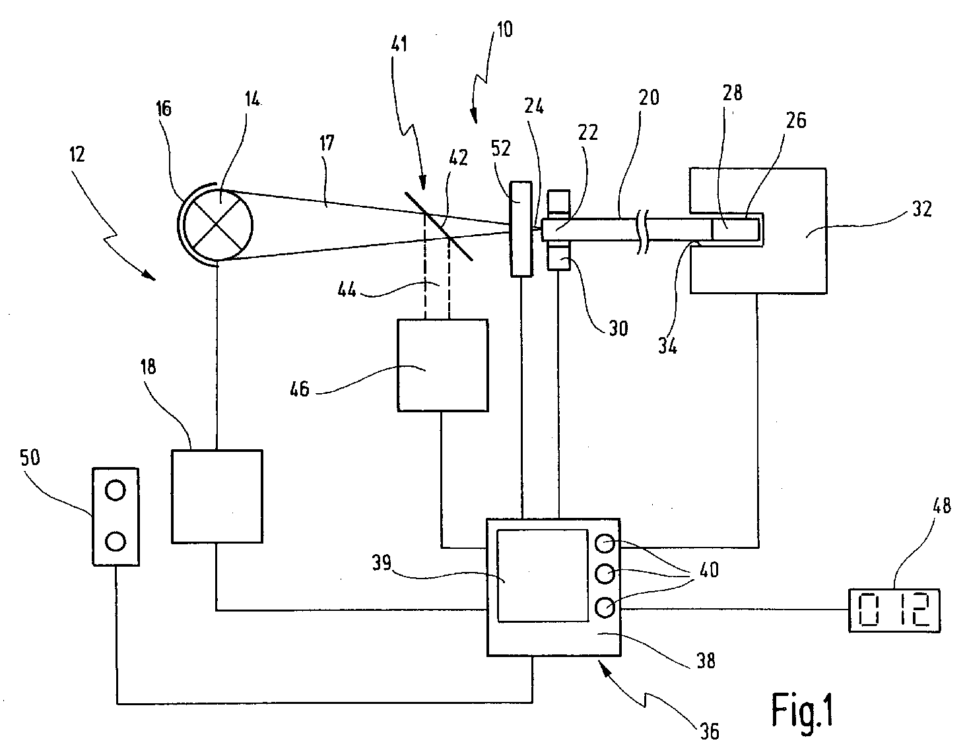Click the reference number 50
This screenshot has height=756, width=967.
pos(30,458)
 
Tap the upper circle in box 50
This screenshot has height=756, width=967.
pos(116,491)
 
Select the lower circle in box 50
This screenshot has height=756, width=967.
pos(116,541)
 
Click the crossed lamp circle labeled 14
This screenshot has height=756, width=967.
pos(218,225)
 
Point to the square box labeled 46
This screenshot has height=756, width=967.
pos(443,365)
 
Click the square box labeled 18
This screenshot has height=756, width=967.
pos(217,496)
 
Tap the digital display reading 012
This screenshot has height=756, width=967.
pos(894,611)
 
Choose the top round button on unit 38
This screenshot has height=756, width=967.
pos(605,543)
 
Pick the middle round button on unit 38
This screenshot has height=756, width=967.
pos(605,574)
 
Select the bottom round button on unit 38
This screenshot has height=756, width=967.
pos(605,607)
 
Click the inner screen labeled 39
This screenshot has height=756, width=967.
pos(543,575)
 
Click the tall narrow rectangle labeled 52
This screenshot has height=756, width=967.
pos(521,228)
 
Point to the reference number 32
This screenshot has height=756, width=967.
pos(921,208)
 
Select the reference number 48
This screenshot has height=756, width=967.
pos(941,505)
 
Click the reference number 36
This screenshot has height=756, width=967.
pos(709,732)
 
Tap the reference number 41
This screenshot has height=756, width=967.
pos(399,44)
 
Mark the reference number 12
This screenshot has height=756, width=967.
pos(77,154)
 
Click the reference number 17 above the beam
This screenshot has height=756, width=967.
pos(327,143)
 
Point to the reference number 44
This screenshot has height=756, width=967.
pos(347,290)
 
